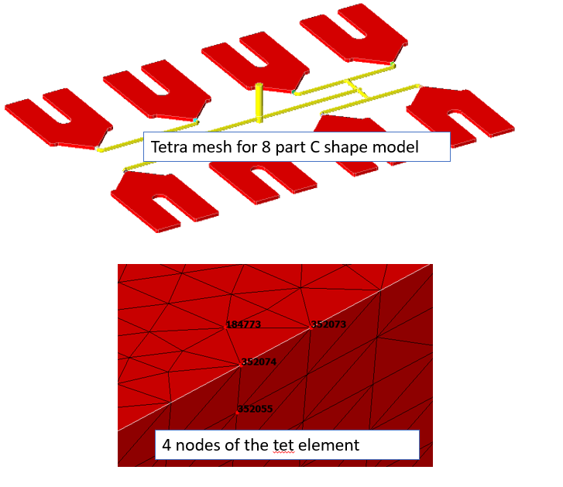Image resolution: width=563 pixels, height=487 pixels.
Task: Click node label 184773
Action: (243, 324)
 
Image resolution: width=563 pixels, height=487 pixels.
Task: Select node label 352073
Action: (328, 324)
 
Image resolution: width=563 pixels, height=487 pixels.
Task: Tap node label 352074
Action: (259, 362)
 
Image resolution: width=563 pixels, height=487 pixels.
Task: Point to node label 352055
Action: (256, 409)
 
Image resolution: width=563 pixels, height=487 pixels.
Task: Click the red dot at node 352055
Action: (237, 413)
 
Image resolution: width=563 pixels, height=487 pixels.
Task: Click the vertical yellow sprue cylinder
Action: (259, 103)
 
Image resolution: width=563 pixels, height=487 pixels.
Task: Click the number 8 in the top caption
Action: (266, 147)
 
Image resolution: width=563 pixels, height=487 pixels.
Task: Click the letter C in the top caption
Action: (315, 147)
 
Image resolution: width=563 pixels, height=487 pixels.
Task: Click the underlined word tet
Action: (283, 445)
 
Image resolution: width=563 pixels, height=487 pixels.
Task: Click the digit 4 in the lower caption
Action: (166, 445)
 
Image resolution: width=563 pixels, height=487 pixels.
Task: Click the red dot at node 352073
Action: (311, 328)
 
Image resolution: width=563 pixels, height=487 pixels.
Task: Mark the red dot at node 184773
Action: (225, 328)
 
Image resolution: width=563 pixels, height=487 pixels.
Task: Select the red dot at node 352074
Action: (241, 365)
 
